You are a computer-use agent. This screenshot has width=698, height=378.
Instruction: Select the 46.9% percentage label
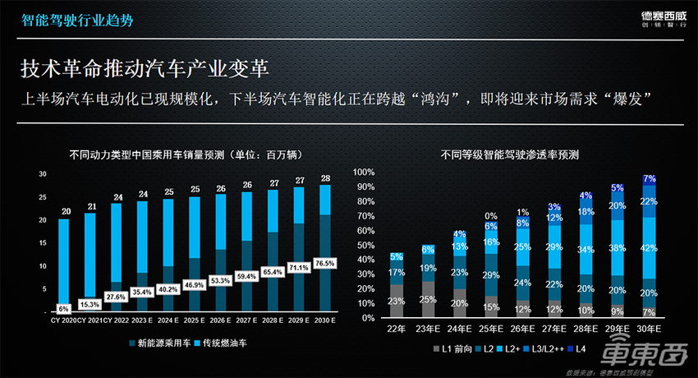tap(194, 284)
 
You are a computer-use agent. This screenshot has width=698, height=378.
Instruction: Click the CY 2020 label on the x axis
tap(62, 319)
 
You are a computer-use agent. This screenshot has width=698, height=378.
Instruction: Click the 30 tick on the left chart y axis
tap(42, 173)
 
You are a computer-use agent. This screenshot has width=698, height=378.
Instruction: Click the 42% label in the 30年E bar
tap(649, 247)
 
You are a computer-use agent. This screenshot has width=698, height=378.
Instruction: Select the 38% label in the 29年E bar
tap(617, 247)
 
